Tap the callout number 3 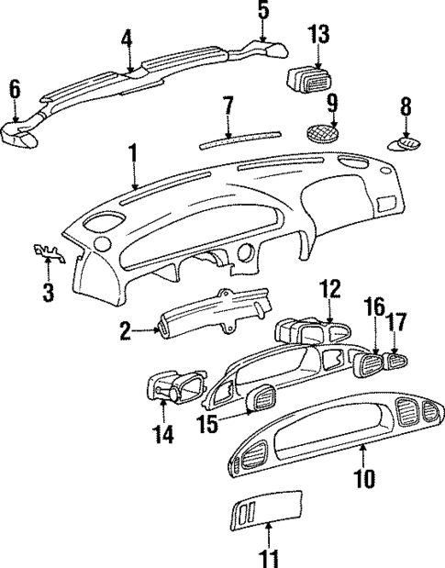tap(50, 293)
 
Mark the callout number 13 tap(317, 35)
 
